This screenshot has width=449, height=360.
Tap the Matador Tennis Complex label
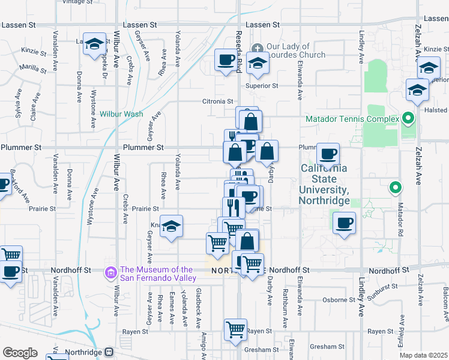click(352, 119)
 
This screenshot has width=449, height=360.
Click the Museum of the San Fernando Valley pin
click(110, 273)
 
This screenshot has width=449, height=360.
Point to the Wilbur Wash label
click(121, 113)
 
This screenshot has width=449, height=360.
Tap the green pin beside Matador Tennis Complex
click(408, 118)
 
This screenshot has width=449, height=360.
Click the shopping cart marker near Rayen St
click(235, 329)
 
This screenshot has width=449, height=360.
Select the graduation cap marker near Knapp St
click(171, 226)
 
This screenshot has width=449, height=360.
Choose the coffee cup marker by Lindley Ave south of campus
click(344, 224)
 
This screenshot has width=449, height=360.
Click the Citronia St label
click(217, 101)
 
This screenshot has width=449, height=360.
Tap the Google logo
click(20, 353)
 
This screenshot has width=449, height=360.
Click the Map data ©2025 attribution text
click(424, 355)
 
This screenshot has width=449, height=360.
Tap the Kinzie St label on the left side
click(33, 52)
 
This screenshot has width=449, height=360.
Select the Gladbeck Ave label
click(199, 301)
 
